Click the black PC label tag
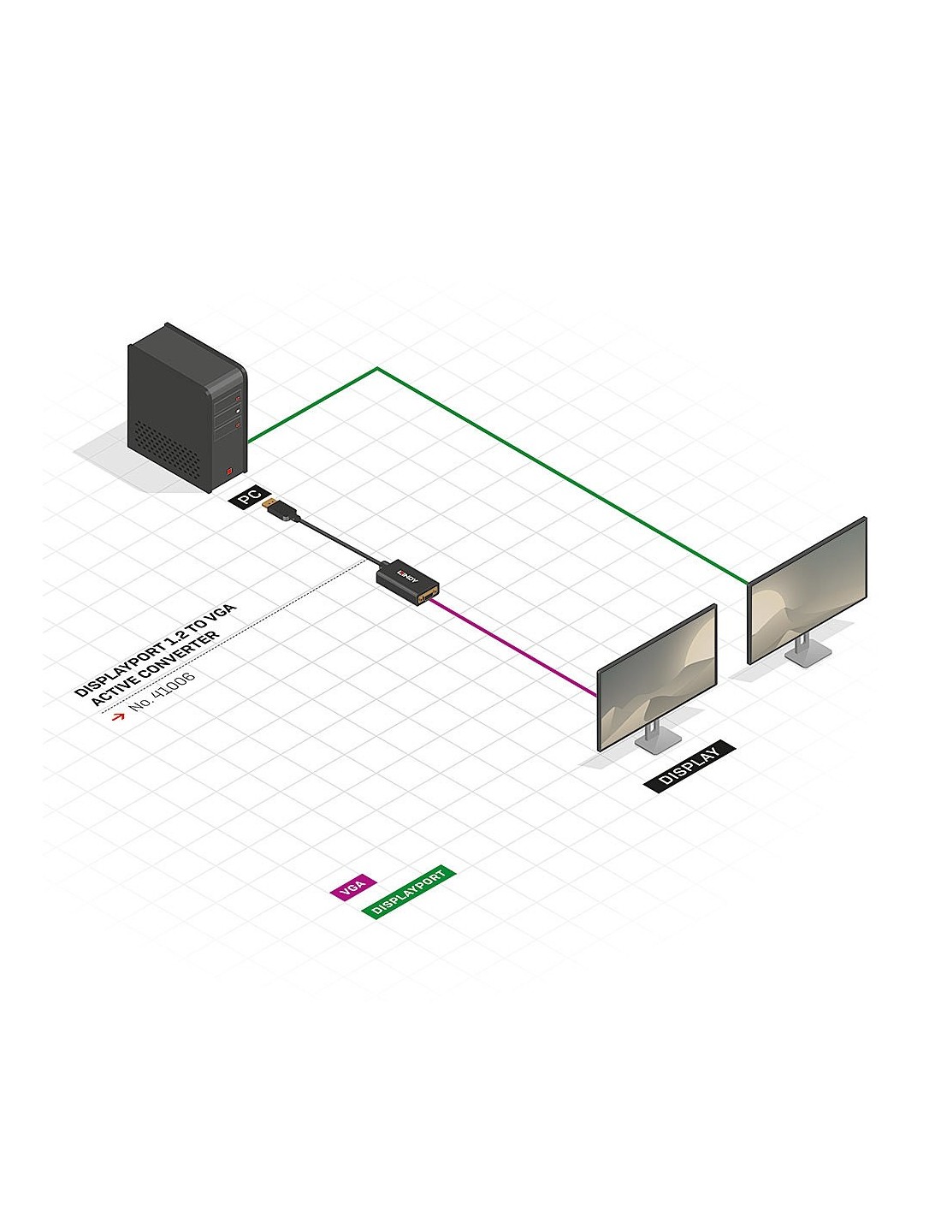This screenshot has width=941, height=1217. tap(249, 497)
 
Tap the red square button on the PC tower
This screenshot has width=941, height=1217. tap(229, 469)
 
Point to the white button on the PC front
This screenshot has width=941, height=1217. tap(239, 413)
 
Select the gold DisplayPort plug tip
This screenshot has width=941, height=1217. tap(268, 501)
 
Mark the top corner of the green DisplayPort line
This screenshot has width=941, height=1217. tap(377, 369)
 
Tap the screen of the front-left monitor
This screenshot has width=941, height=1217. tap(656, 676)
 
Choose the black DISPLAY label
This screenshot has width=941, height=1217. tap(690, 764)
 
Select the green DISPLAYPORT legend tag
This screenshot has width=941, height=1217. tap(409, 892)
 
